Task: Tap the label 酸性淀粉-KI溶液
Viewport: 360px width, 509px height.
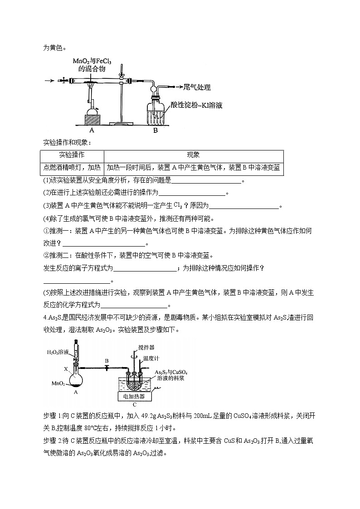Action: click(196, 105)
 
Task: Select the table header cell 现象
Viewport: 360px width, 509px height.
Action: click(194, 155)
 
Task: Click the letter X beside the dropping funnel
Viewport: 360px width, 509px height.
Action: click(66, 369)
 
